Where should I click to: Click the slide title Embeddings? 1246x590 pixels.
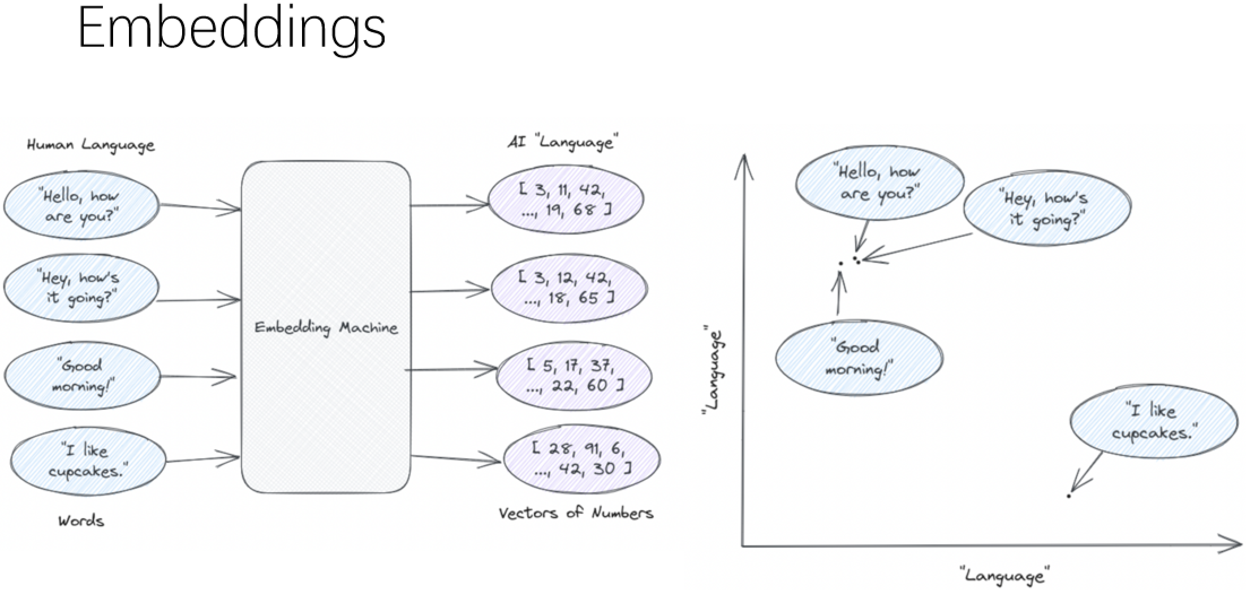tap(231, 28)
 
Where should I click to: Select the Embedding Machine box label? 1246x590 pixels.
tap(326, 328)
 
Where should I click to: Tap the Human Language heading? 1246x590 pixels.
tap(90, 145)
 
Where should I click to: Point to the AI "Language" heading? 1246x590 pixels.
tap(563, 141)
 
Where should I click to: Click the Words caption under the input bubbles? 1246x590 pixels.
tap(81, 520)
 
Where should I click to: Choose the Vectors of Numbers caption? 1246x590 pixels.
tap(576, 513)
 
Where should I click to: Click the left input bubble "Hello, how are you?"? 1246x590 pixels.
tap(81, 206)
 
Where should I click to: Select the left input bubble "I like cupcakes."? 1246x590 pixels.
tap(88, 461)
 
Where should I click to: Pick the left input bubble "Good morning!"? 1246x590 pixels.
tap(83, 376)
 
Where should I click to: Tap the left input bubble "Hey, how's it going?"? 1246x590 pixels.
tap(81, 288)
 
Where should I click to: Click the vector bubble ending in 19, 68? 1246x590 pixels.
tap(566, 199)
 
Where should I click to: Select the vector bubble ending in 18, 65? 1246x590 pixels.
tap(568, 288)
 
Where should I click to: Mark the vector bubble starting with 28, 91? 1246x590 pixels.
tap(581, 458)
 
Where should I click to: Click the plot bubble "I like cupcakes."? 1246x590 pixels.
tap(1154, 422)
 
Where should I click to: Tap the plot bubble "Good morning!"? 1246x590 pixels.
tap(859, 358)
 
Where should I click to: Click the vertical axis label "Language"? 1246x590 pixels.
tap(713, 370)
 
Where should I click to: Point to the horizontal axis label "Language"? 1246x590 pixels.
tap(1004, 575)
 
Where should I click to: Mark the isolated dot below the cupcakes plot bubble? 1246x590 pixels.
tap(1068, 496)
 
